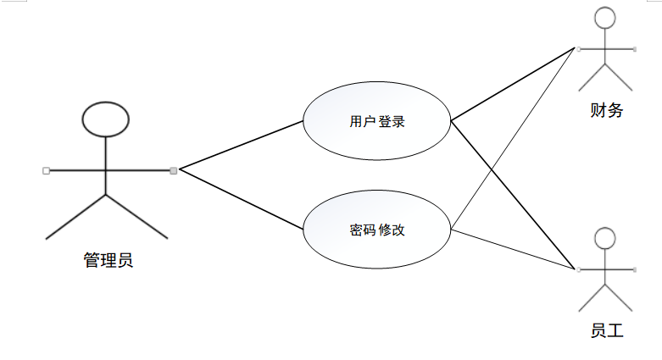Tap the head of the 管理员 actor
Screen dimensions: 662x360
(x=106, y=119)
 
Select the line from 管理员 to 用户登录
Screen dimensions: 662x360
(x=242, y=145)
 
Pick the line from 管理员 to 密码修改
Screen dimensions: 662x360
(x=242, y=200)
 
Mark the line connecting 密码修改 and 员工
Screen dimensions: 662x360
(x=513, y=249)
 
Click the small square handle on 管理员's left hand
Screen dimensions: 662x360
(x=46, y=170)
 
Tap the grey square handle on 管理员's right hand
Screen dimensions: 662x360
(x=174, y=170)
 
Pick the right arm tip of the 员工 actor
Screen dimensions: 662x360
(x=634, y=270)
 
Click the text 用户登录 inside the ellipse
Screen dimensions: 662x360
(x=377, y=121)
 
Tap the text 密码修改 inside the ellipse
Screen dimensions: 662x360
(x=377, y=230)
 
